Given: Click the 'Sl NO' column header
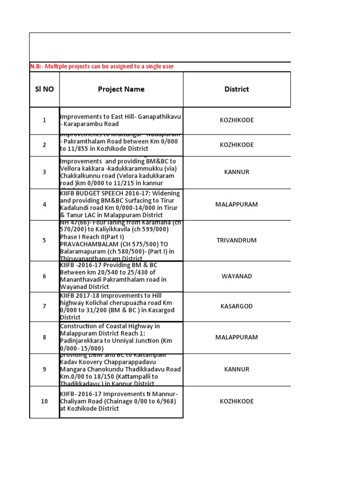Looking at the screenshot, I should [44, 89].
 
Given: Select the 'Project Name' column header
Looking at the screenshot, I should [121, 89].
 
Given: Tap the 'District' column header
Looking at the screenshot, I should [237, 89].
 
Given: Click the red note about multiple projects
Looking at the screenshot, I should [102, 67].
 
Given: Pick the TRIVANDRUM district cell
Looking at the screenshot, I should [237, 240].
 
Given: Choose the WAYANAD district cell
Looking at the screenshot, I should [237, 276].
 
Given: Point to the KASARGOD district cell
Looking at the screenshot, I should [237, 306].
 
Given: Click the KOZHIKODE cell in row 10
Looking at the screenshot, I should [237, 401].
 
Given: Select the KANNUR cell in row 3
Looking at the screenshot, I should [237, 172].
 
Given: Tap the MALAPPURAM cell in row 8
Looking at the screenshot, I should [237, 337].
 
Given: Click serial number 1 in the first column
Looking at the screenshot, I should [44, 120].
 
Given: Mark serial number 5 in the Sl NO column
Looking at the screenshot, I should [44, 240].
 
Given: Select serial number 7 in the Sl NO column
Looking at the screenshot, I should [44, 306].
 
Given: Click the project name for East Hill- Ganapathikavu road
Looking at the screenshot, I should [121, 120].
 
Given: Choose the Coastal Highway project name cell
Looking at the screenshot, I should [121, 337].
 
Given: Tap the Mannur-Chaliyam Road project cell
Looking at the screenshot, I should [121, 401].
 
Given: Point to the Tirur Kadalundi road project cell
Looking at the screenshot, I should [121, 204].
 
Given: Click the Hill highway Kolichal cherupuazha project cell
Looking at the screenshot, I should [121, 306].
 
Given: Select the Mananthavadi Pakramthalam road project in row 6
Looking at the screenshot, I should [121, 276].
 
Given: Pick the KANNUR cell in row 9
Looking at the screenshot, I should [237, 369].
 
